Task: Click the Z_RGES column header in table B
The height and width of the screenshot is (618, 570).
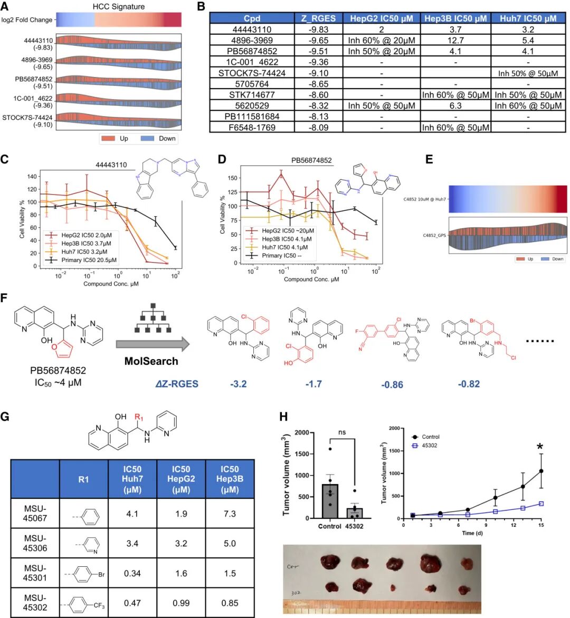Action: click(x=318, y=18)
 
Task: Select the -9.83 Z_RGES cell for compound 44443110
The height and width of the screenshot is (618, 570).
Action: click(x=318, y=30)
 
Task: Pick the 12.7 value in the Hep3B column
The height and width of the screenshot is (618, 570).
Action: click(x=455, y=40)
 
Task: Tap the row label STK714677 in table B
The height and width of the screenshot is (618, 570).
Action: click(x=252, y=95)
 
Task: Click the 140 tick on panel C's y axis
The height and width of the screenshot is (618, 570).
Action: click(x=33, y=177)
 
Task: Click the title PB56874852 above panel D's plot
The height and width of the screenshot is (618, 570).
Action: click(x=311, y=160)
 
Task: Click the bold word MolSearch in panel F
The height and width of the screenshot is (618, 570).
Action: click(x=151, y=361)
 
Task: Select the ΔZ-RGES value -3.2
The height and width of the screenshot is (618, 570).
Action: click(x=239, y=383)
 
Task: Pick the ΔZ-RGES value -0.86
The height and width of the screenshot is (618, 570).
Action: click(x=392, y=384)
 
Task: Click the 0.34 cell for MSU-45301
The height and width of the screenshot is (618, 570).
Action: click(x=132, y=573)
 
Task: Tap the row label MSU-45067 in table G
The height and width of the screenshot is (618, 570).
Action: click(x=35, y=514)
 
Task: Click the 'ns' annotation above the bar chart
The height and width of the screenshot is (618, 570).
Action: click(x=342, y=432)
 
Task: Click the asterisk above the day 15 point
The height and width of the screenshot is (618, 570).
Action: click(x=540, y=448)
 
